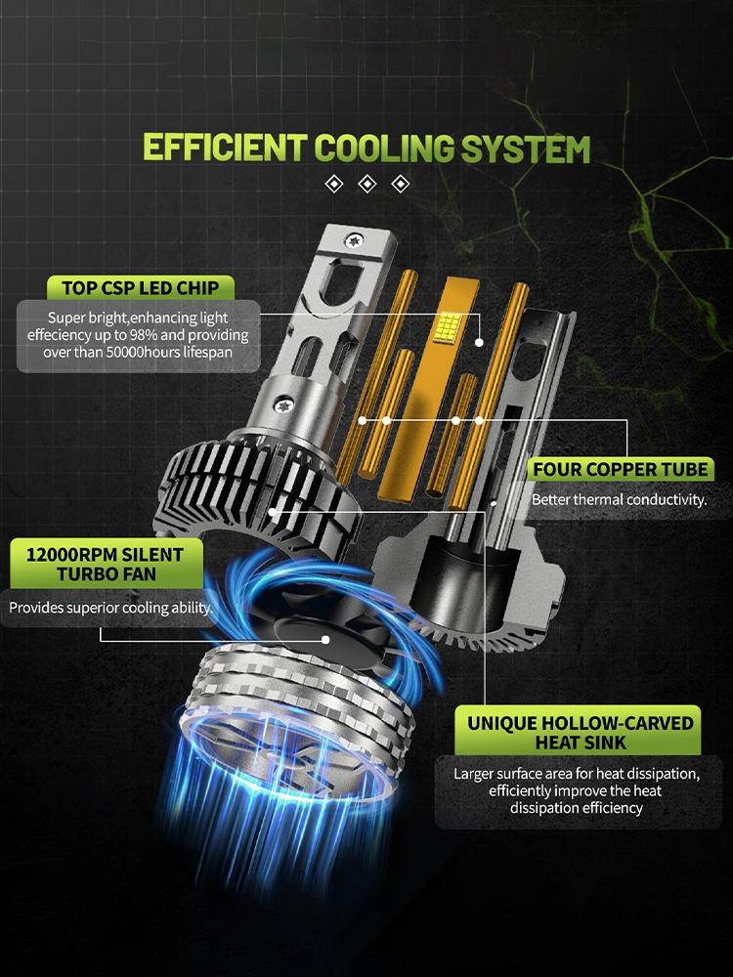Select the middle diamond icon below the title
click(367, 184)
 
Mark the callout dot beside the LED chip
click(479, 343)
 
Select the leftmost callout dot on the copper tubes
click(363, 421)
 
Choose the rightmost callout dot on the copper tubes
click(479, 421)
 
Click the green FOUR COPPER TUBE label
click(619, 469)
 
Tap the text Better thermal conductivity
click(619, 500)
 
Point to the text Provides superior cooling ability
click(109, 608)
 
